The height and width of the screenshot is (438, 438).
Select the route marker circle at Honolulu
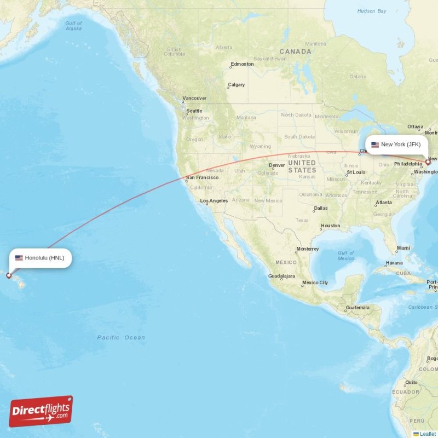pos(9,275)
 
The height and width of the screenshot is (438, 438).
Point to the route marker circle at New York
pos(428,162)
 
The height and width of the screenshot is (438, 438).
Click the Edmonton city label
pos(242,64)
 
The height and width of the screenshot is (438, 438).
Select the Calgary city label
pos(237,85)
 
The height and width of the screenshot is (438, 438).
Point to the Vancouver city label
pos(194,99)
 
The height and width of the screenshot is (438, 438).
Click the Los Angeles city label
pos(214,201)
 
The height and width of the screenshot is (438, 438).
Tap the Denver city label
pos(277,165)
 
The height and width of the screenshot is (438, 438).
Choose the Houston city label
pos(330,226)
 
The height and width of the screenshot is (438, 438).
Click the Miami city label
pos(403,249)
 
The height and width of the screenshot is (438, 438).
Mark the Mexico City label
pos(315,283)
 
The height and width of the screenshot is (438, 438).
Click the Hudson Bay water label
pos(372,11)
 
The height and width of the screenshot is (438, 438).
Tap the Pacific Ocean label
pos(121,338)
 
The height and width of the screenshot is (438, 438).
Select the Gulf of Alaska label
pos(73,26)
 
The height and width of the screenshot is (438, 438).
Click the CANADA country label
pos(299,51)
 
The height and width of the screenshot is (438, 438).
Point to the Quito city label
pos(411,382)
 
